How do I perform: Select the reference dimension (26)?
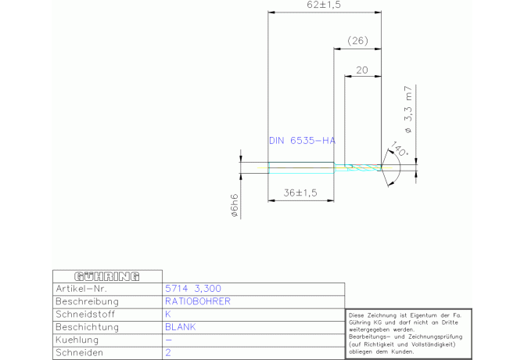(357, 40)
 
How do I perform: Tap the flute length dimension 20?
(362, 70)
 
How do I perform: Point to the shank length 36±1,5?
(300, 192)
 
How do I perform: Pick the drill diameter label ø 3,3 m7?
(408, 109)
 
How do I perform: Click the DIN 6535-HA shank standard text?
(302, 141)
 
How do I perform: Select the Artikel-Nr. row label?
(82, 288)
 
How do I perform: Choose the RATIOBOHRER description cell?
(197, 301)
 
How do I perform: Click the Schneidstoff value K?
(167, 314)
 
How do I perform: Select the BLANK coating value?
(179, 326)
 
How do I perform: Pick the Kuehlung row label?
(78, 340)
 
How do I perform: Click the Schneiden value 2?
(167, 353)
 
